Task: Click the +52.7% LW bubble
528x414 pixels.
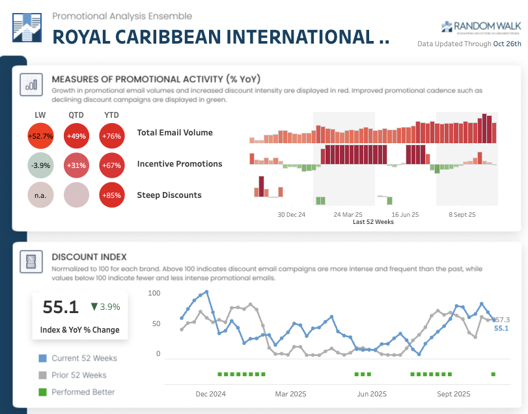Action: [40, 136]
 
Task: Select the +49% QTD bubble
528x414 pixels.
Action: [76, 136]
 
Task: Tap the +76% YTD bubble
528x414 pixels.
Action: [112, 136]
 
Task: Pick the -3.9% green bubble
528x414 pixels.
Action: [40, 165]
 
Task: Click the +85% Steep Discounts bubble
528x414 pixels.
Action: [112, 195]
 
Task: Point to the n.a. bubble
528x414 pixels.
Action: [40, 195]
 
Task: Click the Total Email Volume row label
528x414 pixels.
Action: [174, 133]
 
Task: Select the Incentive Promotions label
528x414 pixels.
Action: [179, 164]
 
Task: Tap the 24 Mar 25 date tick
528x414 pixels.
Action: [348, 214]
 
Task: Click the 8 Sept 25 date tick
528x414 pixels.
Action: [462, 214]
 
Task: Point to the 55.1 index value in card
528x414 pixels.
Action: [61, 307]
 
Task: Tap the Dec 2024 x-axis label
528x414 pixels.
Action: [210, 394]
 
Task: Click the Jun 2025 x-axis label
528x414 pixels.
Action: [372, 394]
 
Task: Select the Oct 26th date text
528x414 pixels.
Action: [507, 44]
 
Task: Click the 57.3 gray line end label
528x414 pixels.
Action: [502, 320]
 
